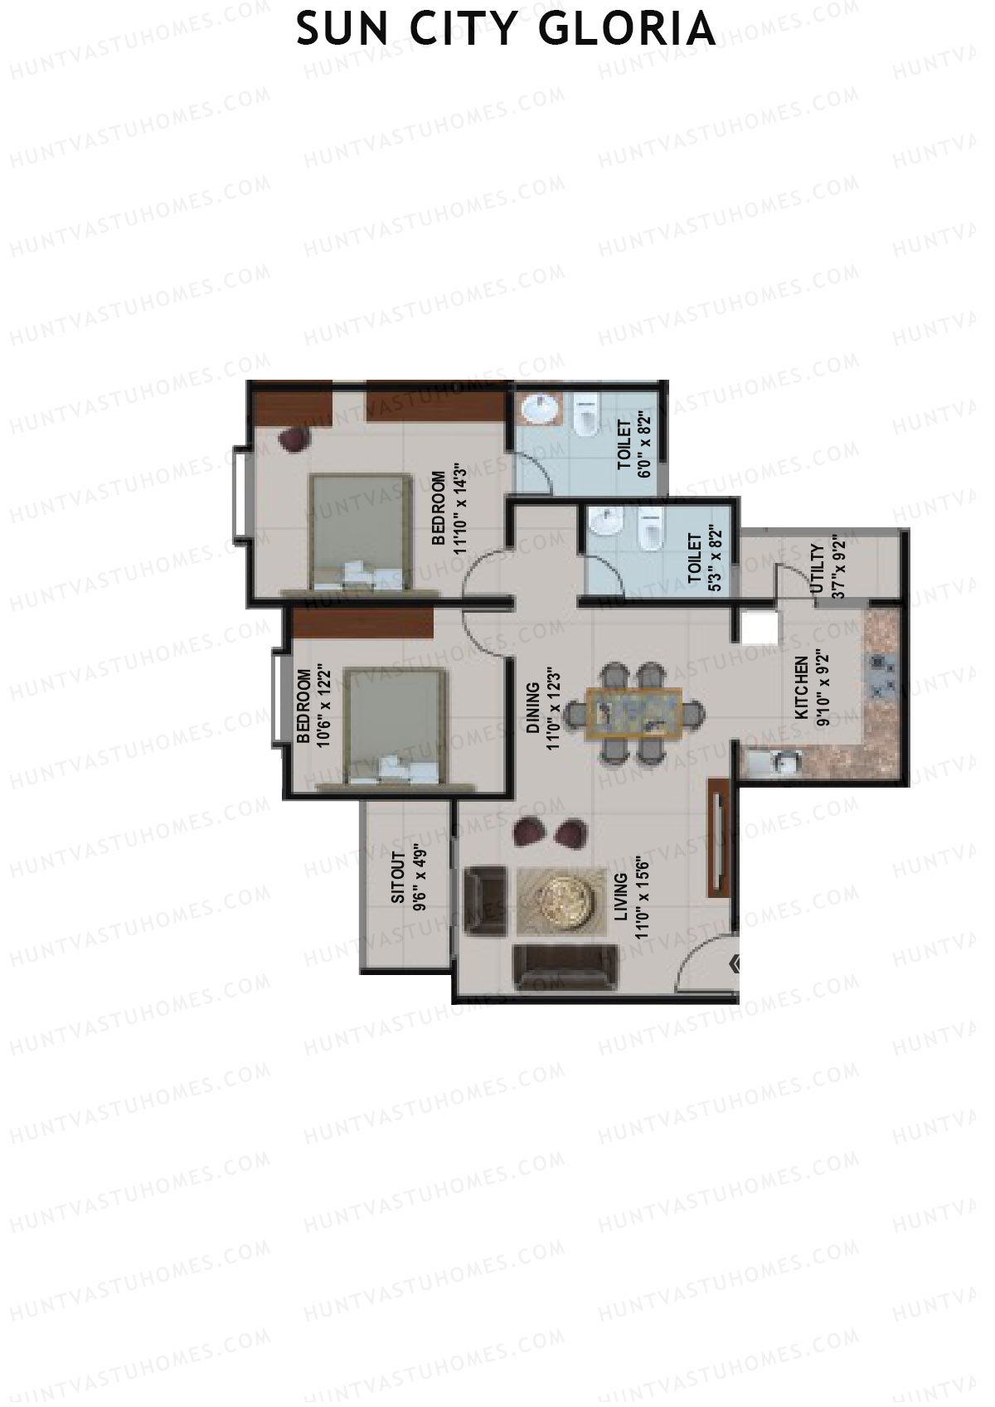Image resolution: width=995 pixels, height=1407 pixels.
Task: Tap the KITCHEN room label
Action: pos(801,688)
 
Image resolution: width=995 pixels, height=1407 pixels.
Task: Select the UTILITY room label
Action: pos(817,570)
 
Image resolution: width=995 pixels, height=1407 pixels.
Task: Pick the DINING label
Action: pos(532,708)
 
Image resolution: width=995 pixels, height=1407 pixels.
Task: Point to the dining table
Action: pos(634,714)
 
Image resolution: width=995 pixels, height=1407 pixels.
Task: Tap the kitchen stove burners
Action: pos(882,677)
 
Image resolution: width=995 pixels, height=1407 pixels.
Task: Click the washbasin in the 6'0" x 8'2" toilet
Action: pos(539,410)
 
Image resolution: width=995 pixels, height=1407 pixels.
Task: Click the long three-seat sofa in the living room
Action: pos(565,968)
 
